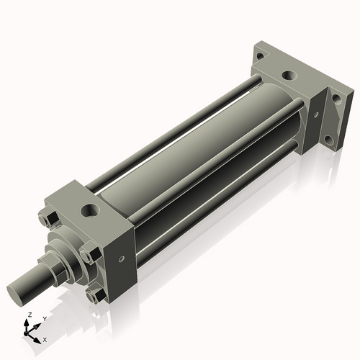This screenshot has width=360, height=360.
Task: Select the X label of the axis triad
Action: [45, 338]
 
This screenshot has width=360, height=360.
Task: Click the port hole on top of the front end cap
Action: [89, 210]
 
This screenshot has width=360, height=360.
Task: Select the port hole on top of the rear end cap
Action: [288, 74]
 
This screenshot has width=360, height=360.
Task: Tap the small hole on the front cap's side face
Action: [121, 258]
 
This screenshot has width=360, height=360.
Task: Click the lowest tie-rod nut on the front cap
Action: [92, 295]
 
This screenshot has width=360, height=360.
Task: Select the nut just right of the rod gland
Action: [86, 254]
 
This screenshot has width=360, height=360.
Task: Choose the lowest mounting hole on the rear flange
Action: [328, 140]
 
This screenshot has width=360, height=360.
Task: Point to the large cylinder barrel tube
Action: [187, 166]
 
